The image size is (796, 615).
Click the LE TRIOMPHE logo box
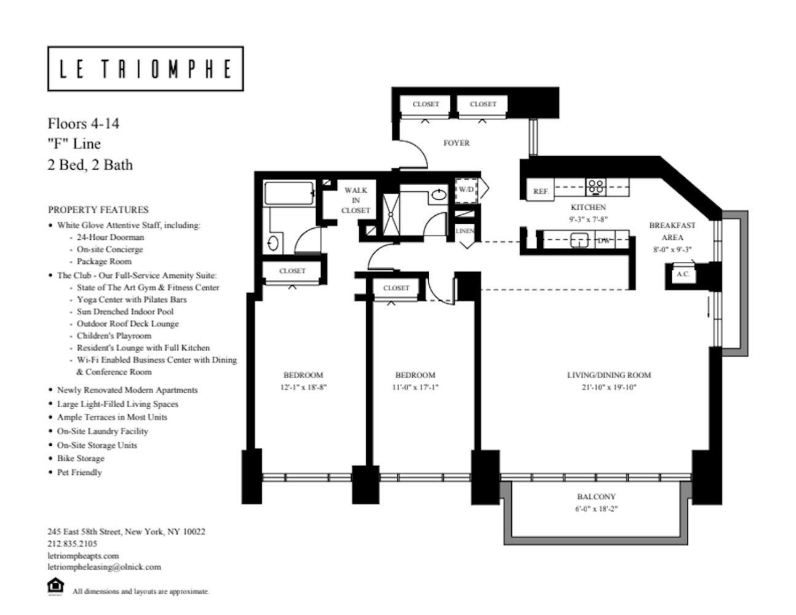coord(145,68)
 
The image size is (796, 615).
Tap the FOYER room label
coord(456,143)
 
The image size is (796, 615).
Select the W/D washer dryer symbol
coord(466,190)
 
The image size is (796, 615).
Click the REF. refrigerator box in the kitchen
coord(540,189)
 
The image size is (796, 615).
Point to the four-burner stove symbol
coord(595,187)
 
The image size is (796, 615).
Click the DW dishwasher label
coord(604,240)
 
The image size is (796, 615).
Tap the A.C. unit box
coord(683,274)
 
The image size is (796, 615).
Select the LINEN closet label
coord(465,231)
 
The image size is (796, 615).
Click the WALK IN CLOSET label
coord(356,200)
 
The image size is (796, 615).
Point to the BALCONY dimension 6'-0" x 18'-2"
coord(596,509)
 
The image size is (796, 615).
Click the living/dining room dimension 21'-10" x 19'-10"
coord(609,387)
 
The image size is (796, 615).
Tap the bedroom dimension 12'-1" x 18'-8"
coord(303,387)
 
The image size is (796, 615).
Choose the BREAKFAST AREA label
coord(672,231)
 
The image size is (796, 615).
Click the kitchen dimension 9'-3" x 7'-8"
coord(588,220)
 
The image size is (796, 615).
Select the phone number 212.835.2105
coord(72,544)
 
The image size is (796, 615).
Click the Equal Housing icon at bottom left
coord(56,586)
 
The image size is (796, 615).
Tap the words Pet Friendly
coord(79,472)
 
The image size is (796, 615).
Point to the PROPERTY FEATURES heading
coord(98,210)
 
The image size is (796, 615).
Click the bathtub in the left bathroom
coord(289,193)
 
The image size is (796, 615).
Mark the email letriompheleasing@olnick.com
coord(104,567)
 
